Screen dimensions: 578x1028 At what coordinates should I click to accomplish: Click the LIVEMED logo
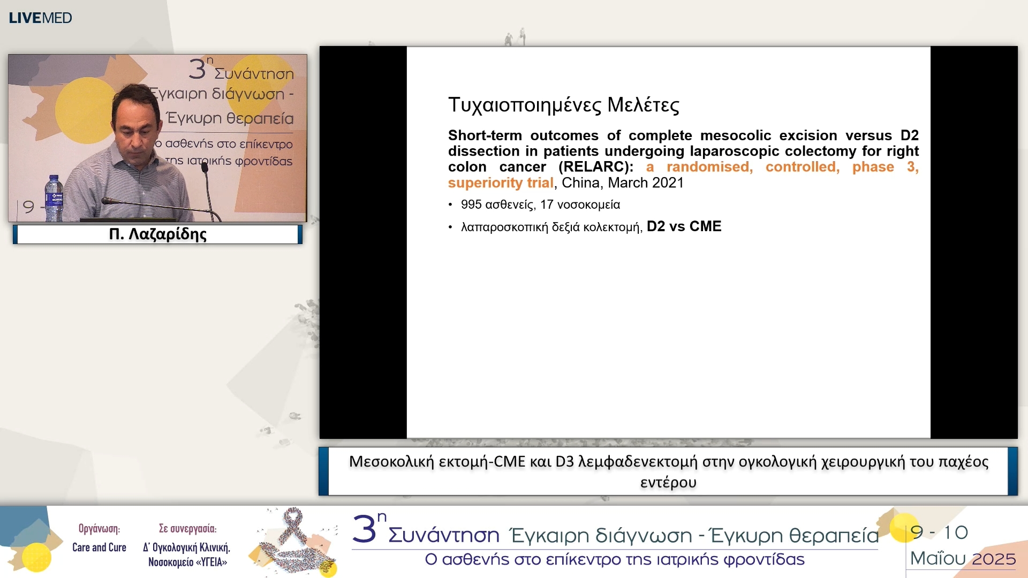[x=40, y=18]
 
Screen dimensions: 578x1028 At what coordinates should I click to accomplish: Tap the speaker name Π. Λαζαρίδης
[x=157, y=234]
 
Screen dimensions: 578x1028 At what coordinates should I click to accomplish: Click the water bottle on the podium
[x=54, y=198]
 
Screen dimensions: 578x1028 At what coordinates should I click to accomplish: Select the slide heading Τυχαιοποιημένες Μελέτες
[x=563, y=105]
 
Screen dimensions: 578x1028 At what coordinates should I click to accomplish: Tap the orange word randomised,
[x=709, y=167]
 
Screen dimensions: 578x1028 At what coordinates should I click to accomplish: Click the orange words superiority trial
[x=501, y=183]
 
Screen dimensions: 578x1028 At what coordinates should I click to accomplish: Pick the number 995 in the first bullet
[x=471, y=204]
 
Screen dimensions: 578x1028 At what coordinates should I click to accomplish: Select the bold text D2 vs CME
[x=684, y=226]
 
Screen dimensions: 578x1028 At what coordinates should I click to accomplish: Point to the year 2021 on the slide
[x=668, y=183]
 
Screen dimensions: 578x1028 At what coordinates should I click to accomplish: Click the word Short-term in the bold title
[x=485, y=135]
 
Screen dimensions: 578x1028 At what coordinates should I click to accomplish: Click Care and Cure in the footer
[x=99, y=547]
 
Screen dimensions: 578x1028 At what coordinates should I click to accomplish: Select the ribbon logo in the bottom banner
[x=293, y=541]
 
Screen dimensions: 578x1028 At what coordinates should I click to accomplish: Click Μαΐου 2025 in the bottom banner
[x=963, y=559]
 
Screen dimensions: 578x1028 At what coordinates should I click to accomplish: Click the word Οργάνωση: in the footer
[x=99, y=529]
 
